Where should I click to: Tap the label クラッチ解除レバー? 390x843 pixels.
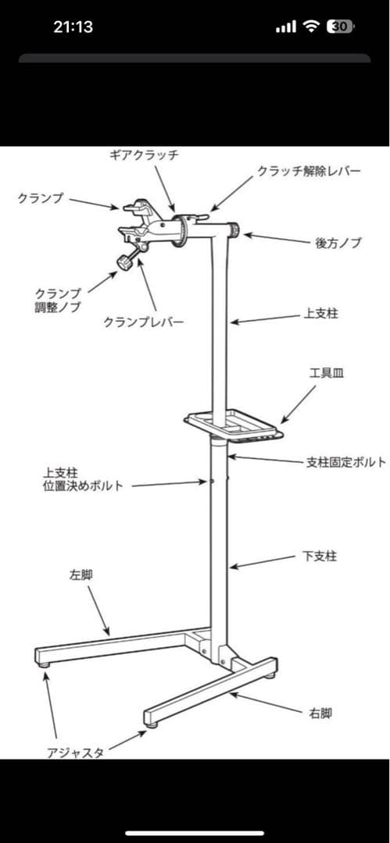[309, 171]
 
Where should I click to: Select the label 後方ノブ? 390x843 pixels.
[338, 243]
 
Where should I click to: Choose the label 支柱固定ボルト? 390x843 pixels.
[345, 462]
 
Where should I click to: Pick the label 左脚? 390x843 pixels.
[81, 574]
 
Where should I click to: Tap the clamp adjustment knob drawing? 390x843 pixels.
[124, 263]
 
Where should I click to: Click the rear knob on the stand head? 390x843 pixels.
[235, 230]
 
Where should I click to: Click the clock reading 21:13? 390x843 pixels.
[73, 27]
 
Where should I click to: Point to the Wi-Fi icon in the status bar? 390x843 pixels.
[312, 27]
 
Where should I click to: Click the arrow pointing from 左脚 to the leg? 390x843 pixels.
[98, 610]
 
